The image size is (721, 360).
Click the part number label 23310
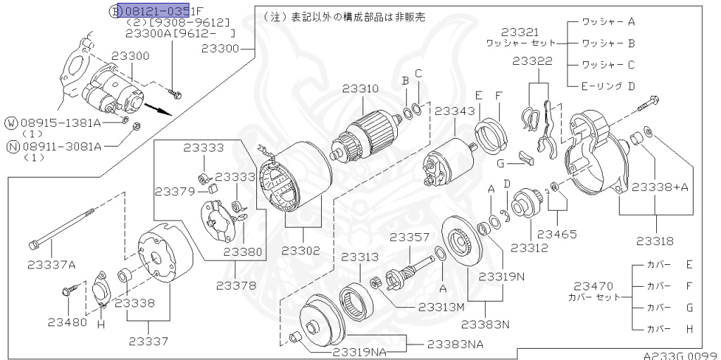tap(360, 89)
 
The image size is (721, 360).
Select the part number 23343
tap(454, 111)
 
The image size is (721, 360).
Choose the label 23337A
tap(51, 264)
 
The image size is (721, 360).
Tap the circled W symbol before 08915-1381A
tap(11, 123)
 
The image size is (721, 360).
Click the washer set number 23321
tap(521, 32)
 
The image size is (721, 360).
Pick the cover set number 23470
tap(594, 286)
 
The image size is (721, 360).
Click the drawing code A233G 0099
tap(679, 355)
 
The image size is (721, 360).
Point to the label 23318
tap(655, 241)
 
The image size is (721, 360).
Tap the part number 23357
tap(409, 237)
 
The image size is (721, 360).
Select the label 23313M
tap(441, 307)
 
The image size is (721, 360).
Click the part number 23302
tap(301, 250)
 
